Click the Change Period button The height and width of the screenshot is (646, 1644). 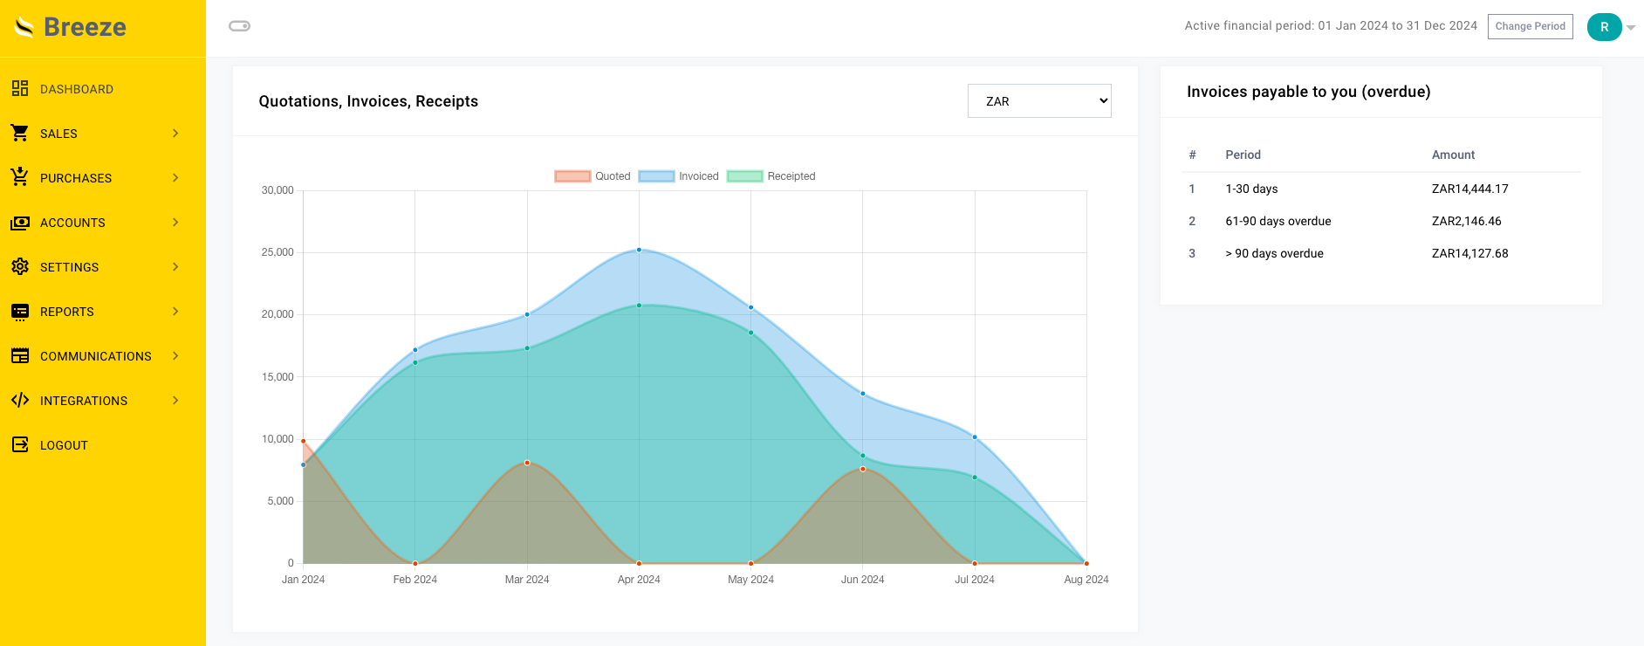click(x=1530, y=26)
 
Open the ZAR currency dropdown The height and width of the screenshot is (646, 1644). click(x=1038, y=101)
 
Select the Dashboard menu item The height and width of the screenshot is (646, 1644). click(x=77, y=89)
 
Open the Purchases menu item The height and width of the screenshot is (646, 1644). click(x=76, y=178)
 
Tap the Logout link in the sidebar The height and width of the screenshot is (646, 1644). click(x=64, y=445)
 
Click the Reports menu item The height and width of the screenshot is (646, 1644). click(x=67, y=312)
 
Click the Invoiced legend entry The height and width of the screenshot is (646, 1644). click(x=679, y=176)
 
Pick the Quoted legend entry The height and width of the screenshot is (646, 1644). click(x=593, y=176)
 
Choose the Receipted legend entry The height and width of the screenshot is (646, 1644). click(x=771, y=176)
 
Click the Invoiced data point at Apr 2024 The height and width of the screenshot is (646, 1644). click(x=639, y=250)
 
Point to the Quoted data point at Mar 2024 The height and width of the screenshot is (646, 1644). click(x=527, y=463)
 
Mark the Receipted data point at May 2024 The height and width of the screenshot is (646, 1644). click(x=750, y=333)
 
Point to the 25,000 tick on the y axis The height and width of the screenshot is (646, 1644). click(x=277, y=252)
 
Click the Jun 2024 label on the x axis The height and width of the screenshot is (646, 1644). click(x=862, y=580)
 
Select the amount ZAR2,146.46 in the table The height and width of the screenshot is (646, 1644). click(x=1466, y=221)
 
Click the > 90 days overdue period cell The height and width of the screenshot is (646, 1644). click(x=1274, y=253)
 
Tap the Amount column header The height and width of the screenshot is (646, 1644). click(x=1453, y=155)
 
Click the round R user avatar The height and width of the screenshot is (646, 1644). click(x=1604, y=27)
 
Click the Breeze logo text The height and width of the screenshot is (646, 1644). click(x=85, y=27)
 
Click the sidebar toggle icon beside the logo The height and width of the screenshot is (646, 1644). click(x=239, y=26)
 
